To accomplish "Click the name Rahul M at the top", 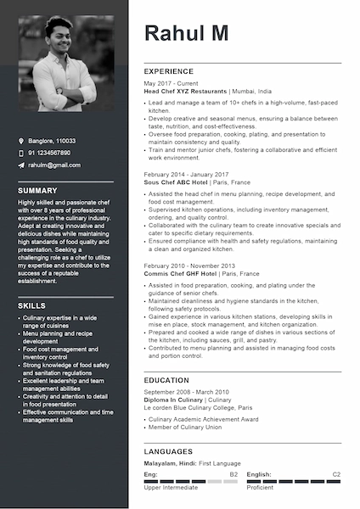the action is click(186, 33).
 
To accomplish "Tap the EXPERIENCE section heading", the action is click(169, 71).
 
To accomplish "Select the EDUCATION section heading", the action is click(166, 380).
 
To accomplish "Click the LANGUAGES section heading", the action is click(168, 451).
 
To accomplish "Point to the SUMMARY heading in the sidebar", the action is click(37, 191).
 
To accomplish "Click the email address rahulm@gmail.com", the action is click(54, 165).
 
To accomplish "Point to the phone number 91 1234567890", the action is click(49, 153).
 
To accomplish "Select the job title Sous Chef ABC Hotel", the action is click(176, 182).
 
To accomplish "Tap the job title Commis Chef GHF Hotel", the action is click(179, 274).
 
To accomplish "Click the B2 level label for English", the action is click(233, 474).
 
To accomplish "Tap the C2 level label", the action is click(336, 474).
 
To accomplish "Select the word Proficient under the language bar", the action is click(260, 489).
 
